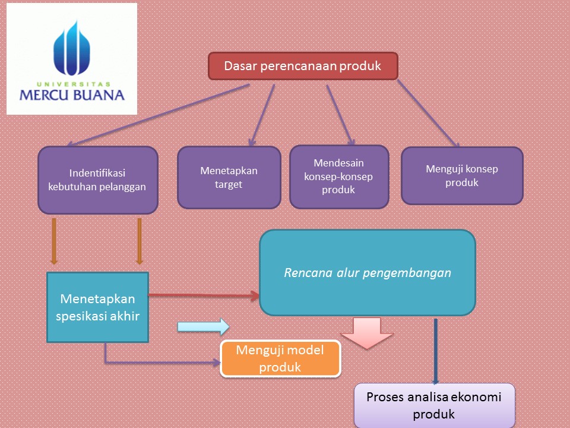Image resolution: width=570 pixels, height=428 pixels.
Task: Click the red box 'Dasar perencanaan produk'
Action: [302, 66]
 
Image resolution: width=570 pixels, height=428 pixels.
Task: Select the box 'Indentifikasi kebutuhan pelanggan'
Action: [98, 180]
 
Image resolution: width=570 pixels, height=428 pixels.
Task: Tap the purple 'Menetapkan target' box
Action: [229, 177]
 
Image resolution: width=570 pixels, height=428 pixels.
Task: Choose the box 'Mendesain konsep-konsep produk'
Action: [338, 177]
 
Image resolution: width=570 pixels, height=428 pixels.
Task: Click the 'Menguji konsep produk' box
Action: [462, 176]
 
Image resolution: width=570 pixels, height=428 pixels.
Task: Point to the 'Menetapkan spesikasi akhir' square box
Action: [97, 307]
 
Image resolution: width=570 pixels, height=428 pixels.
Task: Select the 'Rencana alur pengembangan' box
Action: [368, 273]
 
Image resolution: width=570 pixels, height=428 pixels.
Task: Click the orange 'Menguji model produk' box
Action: [280, 358]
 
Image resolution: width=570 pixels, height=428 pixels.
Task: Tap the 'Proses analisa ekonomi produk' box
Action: [434, 405]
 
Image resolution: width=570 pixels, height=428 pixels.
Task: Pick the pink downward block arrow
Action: [367, 332]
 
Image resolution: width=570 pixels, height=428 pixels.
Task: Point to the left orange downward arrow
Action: [54, 241]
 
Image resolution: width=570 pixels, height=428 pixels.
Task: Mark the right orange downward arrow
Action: [140, 241]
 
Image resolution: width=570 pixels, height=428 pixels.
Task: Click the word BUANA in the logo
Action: [98, 95]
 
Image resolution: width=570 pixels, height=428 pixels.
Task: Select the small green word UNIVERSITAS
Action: [71, 84]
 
